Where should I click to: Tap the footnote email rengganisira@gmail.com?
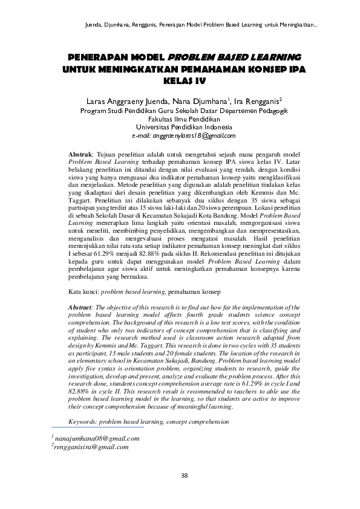(91, 447)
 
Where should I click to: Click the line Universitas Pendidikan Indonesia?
(184, 128)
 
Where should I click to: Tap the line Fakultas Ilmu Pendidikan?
(184, 119)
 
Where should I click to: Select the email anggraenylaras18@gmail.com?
(184, 137)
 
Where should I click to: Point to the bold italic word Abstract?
(81, 309)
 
